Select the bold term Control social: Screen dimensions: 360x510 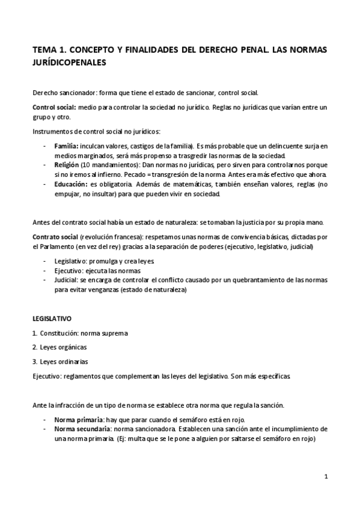tap(54, 107)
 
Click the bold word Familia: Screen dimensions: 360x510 tap(66, 146)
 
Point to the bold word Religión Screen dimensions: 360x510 tap(67, 164)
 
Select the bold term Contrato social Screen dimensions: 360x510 tap(55, 237)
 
